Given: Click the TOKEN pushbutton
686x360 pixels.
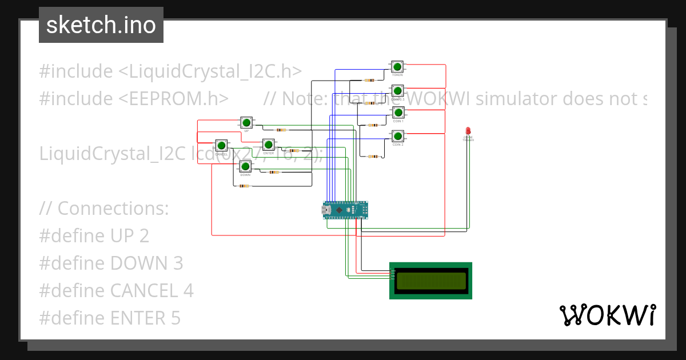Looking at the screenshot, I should (x=397, y=67).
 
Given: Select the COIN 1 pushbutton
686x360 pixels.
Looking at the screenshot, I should (x=398, y=113).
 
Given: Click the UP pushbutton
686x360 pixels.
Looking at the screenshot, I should (x=246, y=122).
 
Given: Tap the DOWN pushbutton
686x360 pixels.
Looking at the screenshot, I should (x=245, y=166).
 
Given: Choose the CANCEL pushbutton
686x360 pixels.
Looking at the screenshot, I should (x=221, y=145).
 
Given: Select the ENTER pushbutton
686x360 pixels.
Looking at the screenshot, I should (x=269, y=145).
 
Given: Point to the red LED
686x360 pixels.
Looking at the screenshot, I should (x=468, y=131).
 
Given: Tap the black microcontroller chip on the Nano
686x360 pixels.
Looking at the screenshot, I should (x=341, y=211).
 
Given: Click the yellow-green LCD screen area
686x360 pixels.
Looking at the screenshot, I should (x=431, y=281).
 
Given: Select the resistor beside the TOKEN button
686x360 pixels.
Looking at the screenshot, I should (x=370, y=80).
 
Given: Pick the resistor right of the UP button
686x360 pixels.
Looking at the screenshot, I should (x=280, y=130).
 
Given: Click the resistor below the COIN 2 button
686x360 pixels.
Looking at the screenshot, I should (x=373, y=156).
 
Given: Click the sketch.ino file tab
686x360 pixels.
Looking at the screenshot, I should (x=101, y=25).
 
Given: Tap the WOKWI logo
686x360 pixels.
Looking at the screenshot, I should (x=607, y=315).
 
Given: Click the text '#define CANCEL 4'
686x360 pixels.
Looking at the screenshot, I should (x=116, y=290).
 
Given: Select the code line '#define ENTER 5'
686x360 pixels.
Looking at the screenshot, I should (x=110, y=318).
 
